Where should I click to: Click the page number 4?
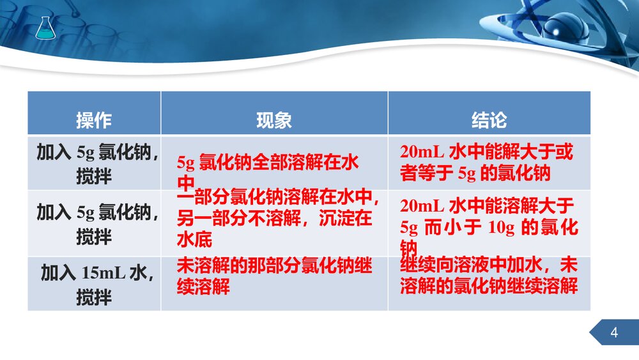[614, 333]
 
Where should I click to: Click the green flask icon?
[44, 28]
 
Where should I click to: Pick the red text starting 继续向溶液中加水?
[489, 276]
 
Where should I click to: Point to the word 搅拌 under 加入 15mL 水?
[94, 297]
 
